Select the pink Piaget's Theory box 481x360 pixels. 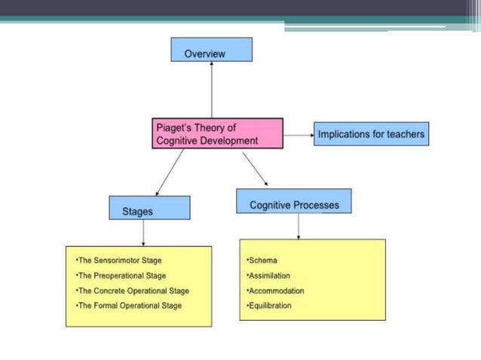217,133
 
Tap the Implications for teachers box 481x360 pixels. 371,134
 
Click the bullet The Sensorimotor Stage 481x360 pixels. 118,261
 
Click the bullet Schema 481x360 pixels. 262,261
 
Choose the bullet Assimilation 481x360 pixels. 268,276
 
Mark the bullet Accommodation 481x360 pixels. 274,291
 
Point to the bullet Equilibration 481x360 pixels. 268,306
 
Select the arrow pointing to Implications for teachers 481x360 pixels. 298,135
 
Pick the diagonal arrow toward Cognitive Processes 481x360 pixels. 255,169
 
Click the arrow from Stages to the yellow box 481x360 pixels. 143,232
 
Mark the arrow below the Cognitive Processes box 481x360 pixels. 299,226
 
